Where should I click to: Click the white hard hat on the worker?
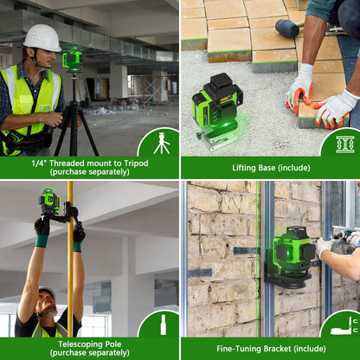[42, 37]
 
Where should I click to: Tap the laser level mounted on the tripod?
[73, 60]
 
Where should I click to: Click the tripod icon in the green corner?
[162, 143]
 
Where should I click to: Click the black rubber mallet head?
[286, 29]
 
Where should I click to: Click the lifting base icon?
[345, 145]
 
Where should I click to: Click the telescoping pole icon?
[164, 325]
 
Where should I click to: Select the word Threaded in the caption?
[67, 164]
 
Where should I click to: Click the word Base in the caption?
[266, 168]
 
